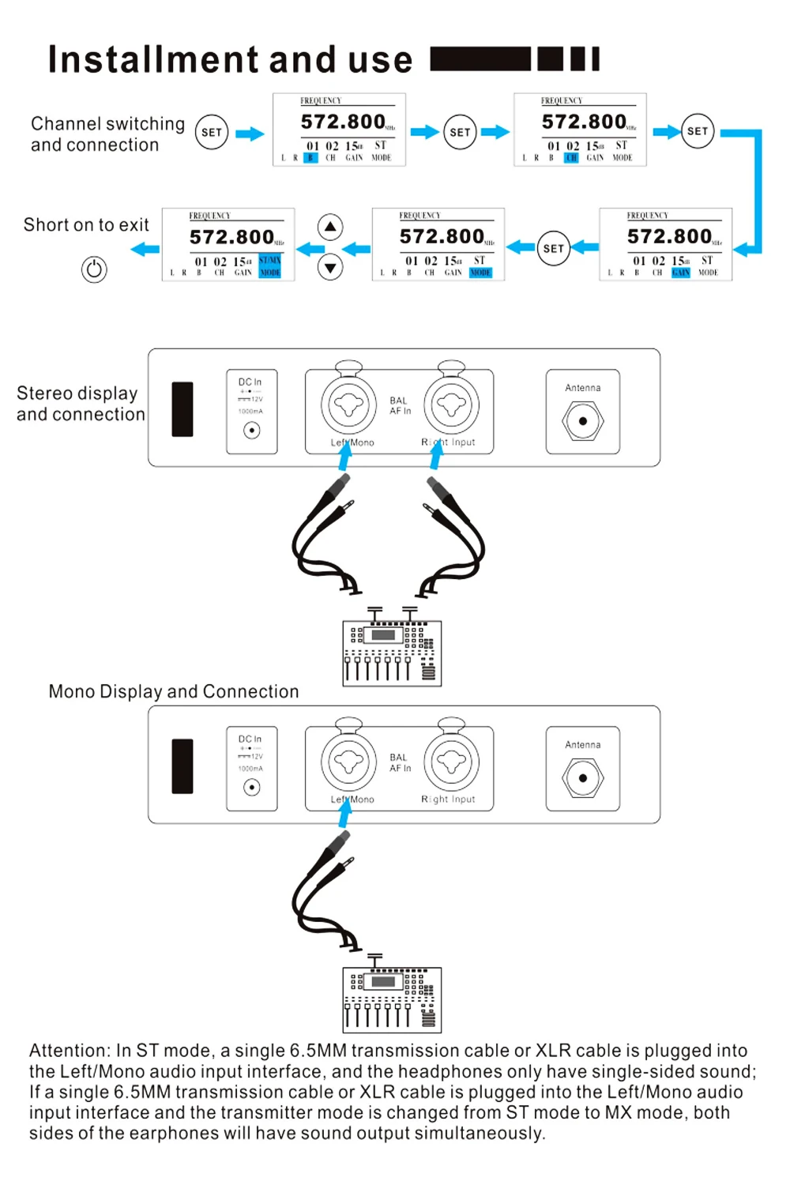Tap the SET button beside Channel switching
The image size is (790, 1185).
point(212,132)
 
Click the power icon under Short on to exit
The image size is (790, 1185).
point(94,269)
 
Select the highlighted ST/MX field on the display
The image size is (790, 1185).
point(270,260)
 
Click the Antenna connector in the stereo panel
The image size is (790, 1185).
point(583,421)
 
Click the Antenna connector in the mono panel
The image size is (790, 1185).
point(583,778)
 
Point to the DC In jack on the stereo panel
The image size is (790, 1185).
point(252,431)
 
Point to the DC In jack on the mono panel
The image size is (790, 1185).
point(252,787)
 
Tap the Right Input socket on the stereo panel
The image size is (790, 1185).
point(452,405)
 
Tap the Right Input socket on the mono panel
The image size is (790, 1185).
point(452,762)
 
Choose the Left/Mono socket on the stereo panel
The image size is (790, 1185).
point(348,405)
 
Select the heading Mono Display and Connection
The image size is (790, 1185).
point(174,692)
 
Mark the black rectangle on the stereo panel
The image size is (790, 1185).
point(182,409)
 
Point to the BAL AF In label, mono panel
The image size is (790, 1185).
point(400,762)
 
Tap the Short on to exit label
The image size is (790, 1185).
point(86,225)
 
